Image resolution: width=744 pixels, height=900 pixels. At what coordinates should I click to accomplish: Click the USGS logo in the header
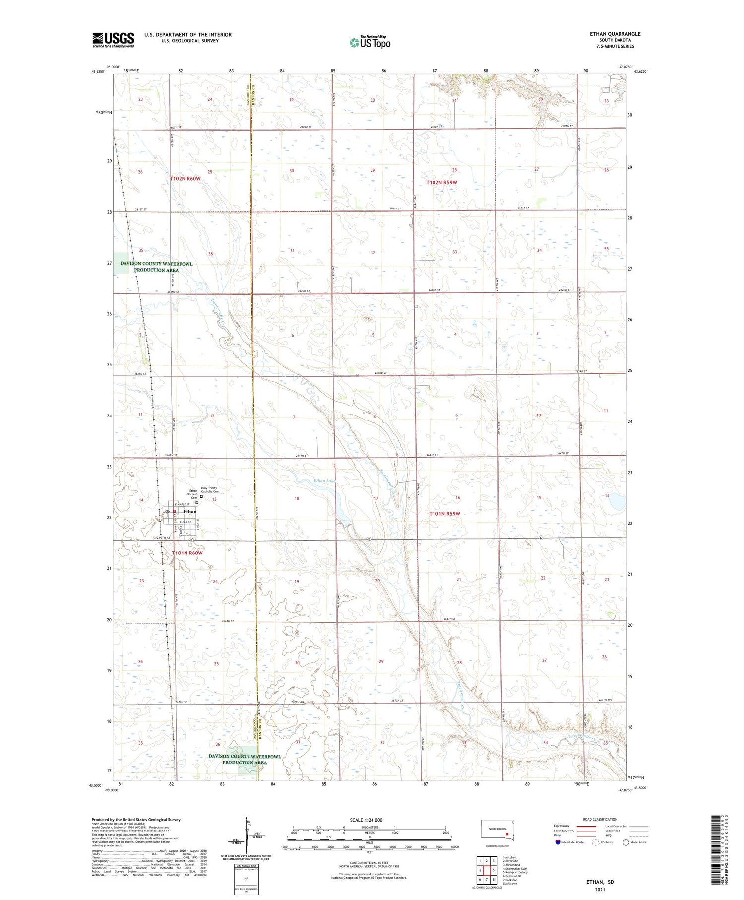(x=113, y=40)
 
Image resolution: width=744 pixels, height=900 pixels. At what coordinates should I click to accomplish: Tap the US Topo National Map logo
(x=370, y=42)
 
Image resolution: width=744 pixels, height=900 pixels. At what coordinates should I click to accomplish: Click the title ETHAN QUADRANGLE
(x=615, y=34)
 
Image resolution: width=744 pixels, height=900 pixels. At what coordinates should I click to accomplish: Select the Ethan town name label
(x=190, y=511)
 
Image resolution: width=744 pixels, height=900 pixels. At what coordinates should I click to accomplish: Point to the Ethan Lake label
(x=325, y=481)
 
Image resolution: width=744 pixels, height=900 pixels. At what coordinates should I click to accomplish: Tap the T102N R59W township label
(x=441, y=183)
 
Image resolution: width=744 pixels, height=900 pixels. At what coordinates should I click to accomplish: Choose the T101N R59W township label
(x=446, y=513)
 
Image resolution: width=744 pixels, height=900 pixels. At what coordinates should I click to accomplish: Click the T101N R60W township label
(x=187, y=553)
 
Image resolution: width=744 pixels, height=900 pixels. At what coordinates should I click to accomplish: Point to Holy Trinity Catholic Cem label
(x=210, y=490)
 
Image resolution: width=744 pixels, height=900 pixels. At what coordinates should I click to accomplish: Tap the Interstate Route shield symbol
(x=558, y=842)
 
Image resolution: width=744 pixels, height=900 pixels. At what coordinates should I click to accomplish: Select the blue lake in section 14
(x=617, y=504)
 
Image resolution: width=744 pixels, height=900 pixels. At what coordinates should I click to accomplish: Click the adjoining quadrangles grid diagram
(x=487, y=870)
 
